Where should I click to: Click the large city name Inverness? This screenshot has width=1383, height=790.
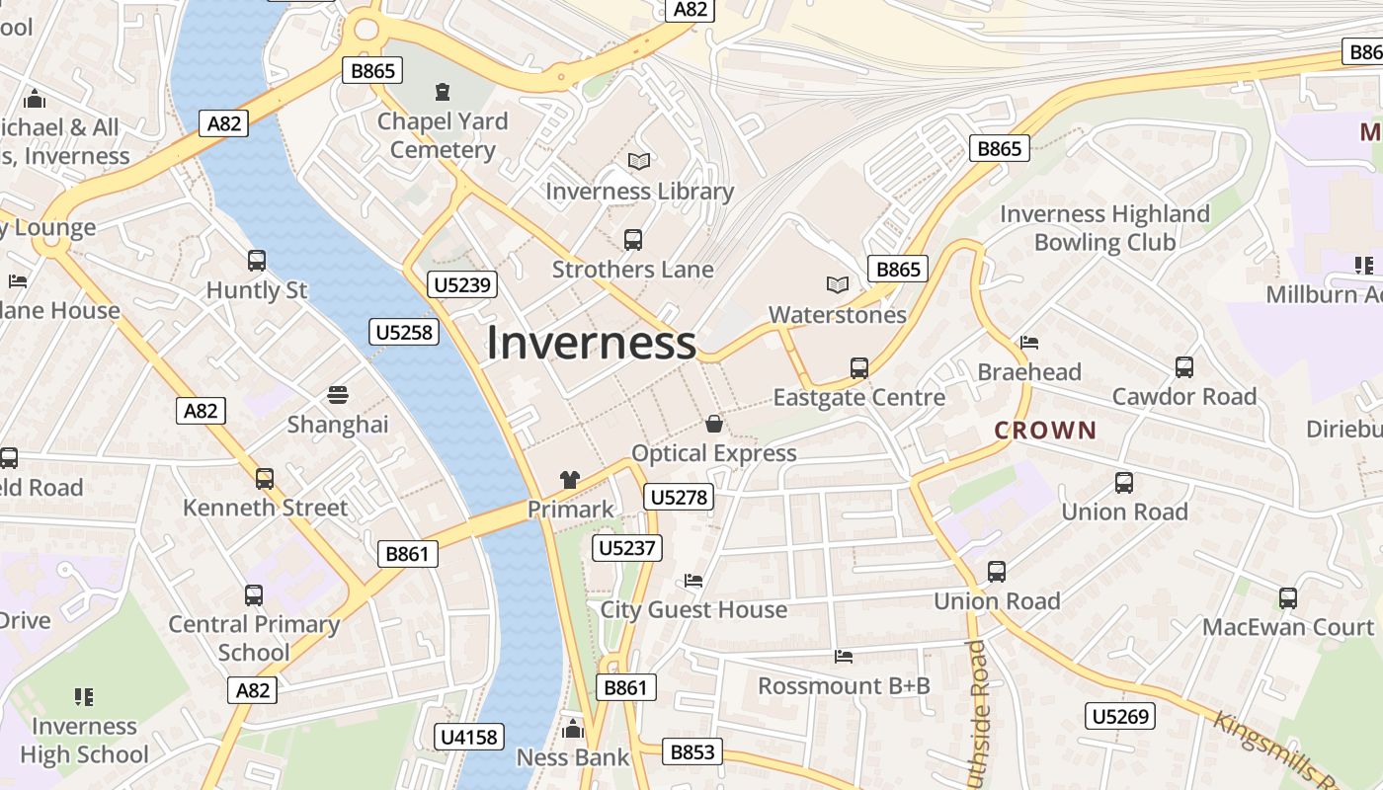click(x=591, y=343)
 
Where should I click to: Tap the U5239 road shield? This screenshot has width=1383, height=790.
click(x=462, y=285)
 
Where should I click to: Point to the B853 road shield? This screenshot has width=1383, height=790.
click(x=691, y=751)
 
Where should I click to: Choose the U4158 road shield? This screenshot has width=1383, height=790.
click(x=469, y=736)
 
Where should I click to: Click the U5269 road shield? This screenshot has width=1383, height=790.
click(x=1120, y=716)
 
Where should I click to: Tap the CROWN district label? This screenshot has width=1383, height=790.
click(x=1045, y=430)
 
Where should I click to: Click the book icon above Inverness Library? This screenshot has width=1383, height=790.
click(x=639, y=161)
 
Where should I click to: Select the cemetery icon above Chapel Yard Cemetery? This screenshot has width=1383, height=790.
click(x=442, y=92)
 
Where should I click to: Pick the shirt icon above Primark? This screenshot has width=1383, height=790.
click(x=570, y=480)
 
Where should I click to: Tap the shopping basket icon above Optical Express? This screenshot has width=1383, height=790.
click(x=713, y=424)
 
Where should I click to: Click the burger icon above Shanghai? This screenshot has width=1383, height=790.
click(x=338, y=395)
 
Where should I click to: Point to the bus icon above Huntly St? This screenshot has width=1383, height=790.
click(x=257, y=261)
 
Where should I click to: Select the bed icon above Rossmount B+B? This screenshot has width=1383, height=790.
click(x=843, y=656)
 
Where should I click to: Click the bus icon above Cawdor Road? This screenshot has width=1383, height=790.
click(x=1183, y=367)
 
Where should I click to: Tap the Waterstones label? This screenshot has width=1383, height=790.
click(x=838, y=315)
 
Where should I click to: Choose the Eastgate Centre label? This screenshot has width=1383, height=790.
click(x=858, y=397)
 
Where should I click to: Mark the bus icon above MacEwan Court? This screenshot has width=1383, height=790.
click(x=1287, y=597)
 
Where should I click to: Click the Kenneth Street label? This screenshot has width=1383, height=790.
click(x=265, y=508)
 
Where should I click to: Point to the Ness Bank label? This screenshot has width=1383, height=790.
click(x=573, y=757)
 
